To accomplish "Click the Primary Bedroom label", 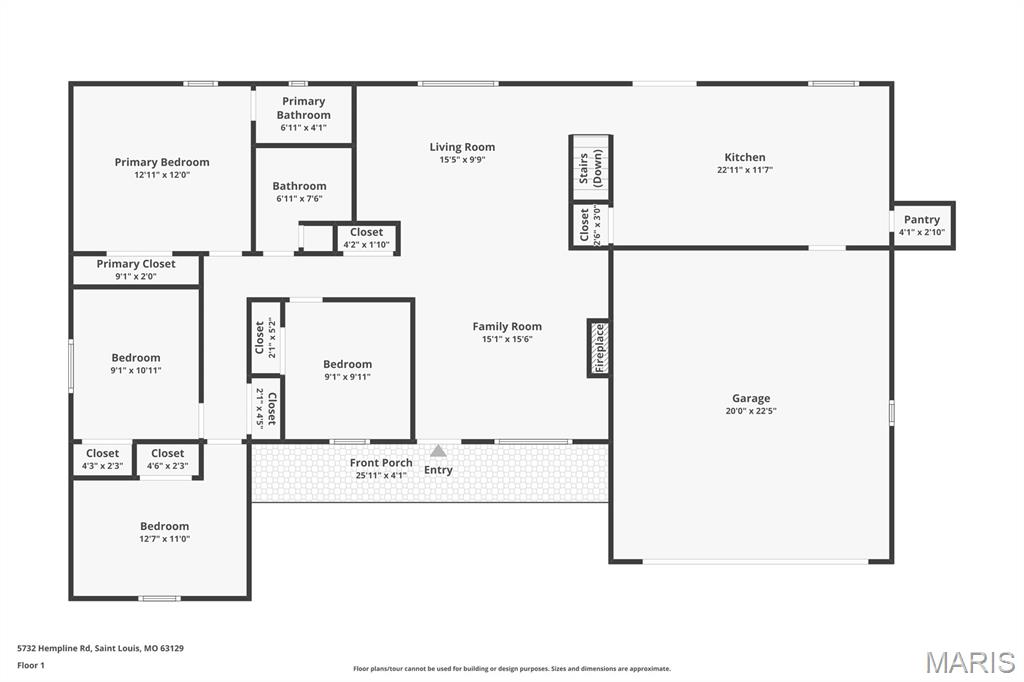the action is click(x=162, y=162).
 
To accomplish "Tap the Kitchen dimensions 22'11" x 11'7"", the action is click(x=744, y=170).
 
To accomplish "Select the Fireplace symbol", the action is click(x=599, y=348).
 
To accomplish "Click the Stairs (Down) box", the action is click(x=590, y=168).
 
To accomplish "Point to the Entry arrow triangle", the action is click(x=438, y=451).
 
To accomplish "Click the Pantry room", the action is click(x=922, y=225).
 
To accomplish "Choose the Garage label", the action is click(x=750, y=398).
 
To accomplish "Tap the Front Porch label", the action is click(x=381, y=463).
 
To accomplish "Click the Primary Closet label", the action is click(x=136, y=264).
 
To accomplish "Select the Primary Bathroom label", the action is click(x=304, y=108).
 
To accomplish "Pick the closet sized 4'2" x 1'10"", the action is click(x=366, y=238).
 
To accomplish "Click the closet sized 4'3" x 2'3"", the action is click(x=103, y=459).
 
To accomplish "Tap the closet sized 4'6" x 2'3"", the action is click(x=168, y=459).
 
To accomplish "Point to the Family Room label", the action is click(x=507, y=326).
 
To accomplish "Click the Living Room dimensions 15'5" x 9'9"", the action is click(x=462, y=159).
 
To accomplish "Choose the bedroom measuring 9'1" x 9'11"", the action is click(x=348, y=370).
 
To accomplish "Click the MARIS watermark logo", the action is click(x=970, y=662).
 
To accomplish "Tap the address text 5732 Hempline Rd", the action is click(x=54, y=649).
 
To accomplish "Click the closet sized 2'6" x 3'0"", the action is click(x=590, y=225).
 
